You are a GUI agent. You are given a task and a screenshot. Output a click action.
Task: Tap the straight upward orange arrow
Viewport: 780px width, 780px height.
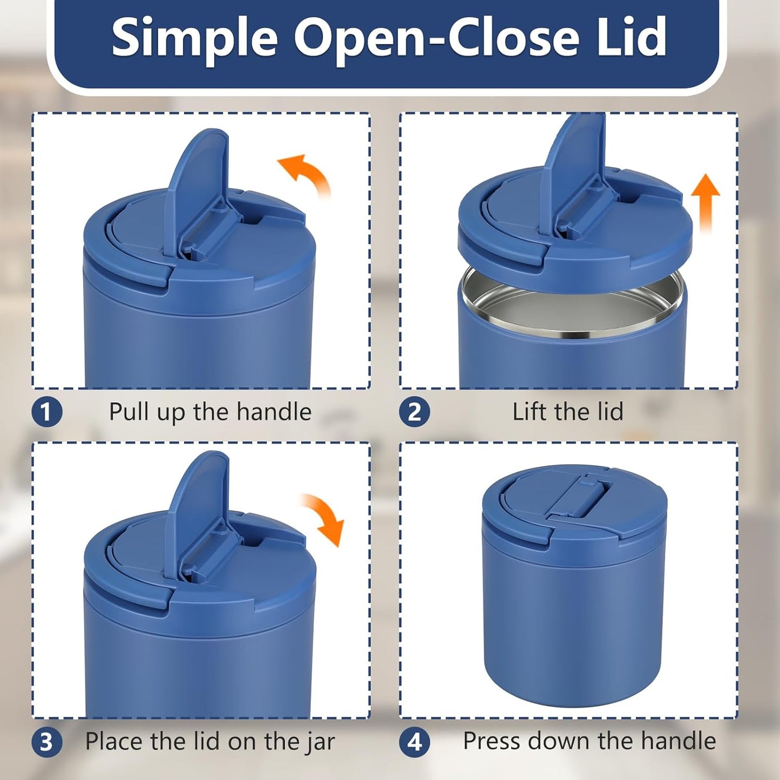click(x=706, y=203)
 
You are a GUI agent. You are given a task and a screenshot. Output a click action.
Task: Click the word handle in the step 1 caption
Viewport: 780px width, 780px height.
click(x=274, y=412)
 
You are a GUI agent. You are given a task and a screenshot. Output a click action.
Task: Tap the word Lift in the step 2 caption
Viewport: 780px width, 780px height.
click(x=529, y=412)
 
